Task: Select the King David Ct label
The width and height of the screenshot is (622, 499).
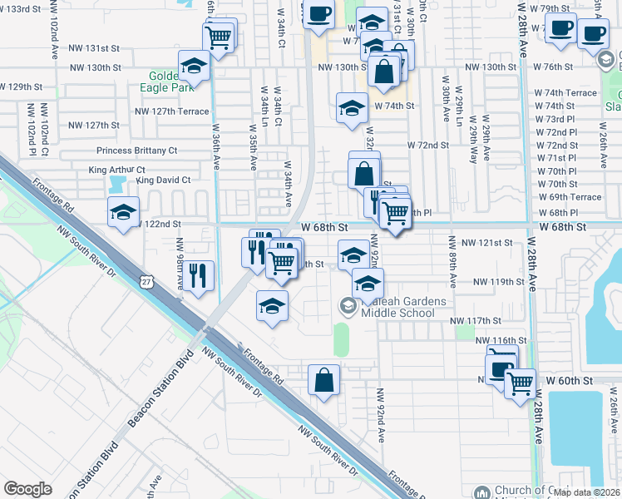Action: click(x=163, y=180)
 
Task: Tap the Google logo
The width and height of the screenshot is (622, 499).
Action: click(x=27, y=489)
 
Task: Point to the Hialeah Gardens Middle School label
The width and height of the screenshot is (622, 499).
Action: click(x=397, y=307)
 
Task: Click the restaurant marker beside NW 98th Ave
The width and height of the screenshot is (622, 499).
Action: click(x=199, y=275)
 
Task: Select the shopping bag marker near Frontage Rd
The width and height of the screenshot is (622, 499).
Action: click(x=323, y=380)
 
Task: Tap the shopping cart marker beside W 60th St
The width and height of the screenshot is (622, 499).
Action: click(x=521, y=384)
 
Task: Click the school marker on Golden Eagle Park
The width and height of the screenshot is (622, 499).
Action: click(x=194, y=65)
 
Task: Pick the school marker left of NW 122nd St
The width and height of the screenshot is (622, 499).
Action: click(x=123, y=212)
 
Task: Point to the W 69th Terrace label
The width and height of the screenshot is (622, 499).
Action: click(x=570, y=197)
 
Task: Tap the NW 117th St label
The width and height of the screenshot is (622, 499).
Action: click(x=475, y=320)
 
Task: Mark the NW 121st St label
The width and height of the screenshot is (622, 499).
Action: click(x=488, y=242)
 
